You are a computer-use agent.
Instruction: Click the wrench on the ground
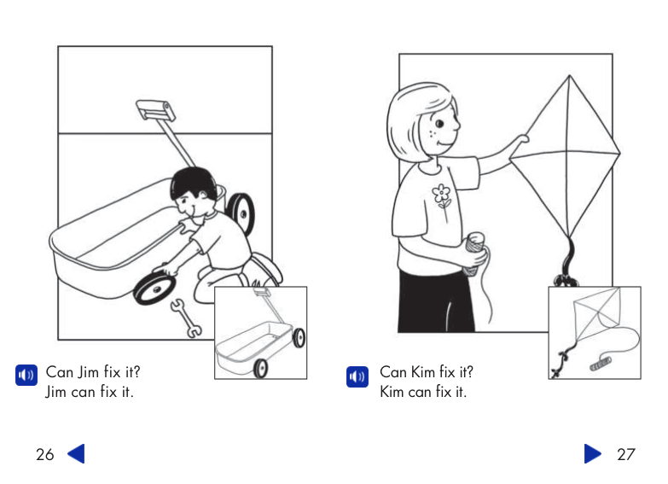pos(186,318)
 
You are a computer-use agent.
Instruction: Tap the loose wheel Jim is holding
pos(154,288)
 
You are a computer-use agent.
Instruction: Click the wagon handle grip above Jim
pos(155,109)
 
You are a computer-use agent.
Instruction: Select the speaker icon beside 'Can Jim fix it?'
pos(26,376)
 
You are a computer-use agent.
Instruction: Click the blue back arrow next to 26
pos(77,454)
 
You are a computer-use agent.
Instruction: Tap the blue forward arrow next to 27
pos(593,454)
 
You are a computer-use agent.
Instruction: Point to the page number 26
pos(44,455)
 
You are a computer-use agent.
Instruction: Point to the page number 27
pos(626,455)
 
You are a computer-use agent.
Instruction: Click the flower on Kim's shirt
pos(441,195)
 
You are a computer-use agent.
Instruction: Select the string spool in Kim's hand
pos(475,253)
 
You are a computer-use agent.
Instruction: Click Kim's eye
pos(439,124)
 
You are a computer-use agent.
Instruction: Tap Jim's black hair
pos(193,182)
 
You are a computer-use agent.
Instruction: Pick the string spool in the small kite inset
pos(601,364)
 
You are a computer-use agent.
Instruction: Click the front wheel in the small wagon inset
pos(260,369)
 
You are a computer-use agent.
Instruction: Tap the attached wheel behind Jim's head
pos(241,213)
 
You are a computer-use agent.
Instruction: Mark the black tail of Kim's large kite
pos(566,262)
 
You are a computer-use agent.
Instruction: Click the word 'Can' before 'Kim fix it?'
pos(392,372)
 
